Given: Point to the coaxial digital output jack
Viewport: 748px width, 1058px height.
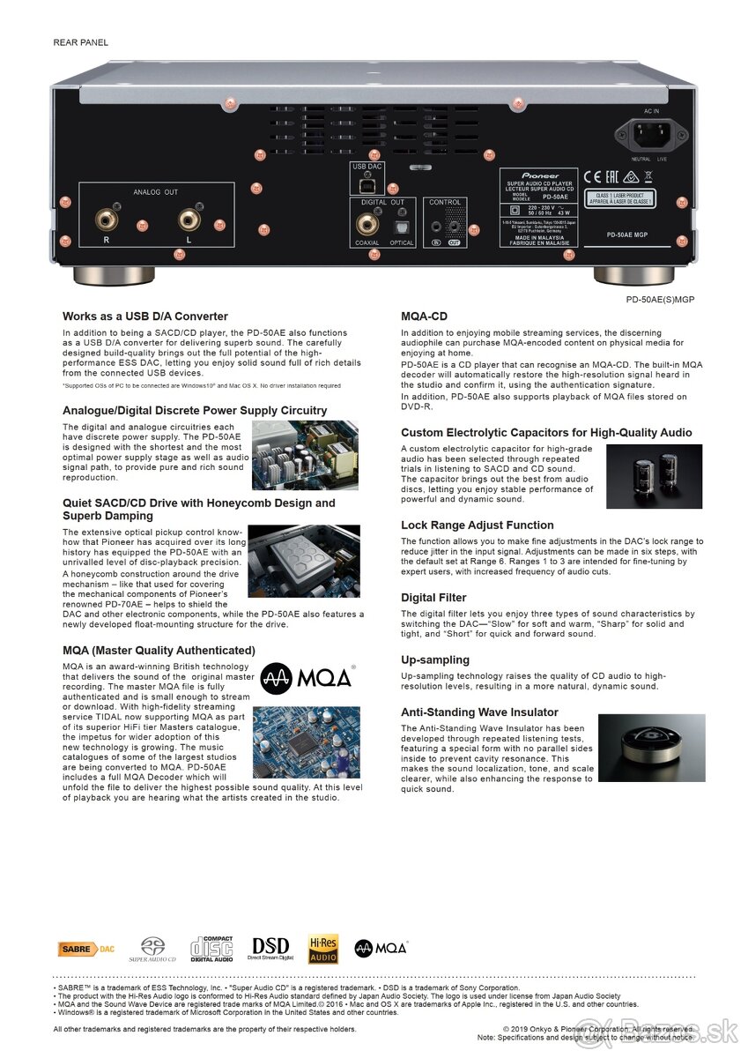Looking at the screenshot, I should click(367, 226).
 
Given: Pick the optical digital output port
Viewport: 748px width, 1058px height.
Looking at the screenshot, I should click(401, 227).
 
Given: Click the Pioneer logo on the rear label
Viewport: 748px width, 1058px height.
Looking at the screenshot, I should click(538, 175).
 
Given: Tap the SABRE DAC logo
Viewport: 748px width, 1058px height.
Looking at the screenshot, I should click(86, 949).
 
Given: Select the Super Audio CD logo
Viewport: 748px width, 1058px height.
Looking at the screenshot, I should click(152, 949).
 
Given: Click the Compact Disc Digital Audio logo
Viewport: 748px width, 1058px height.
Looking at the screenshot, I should click(211, 949).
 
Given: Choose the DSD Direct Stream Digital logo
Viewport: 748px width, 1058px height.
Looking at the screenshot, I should click(270, 948).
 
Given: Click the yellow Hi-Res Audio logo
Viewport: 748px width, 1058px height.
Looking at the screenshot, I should click(323, 949).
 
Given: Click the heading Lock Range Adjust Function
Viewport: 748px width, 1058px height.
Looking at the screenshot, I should click(477, 525).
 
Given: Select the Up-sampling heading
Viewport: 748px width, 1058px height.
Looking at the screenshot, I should click(434, 659).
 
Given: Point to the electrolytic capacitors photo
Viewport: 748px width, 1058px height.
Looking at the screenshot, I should click(654, 476).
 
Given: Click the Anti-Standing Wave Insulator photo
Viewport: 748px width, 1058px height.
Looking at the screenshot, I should click(651, 748).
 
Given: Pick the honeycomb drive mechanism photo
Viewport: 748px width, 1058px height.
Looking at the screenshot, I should click(303, 562).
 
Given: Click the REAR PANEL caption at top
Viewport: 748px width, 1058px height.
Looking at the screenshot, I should click(81, 42).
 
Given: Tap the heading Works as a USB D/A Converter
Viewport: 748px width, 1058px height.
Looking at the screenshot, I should click(144, 316).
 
